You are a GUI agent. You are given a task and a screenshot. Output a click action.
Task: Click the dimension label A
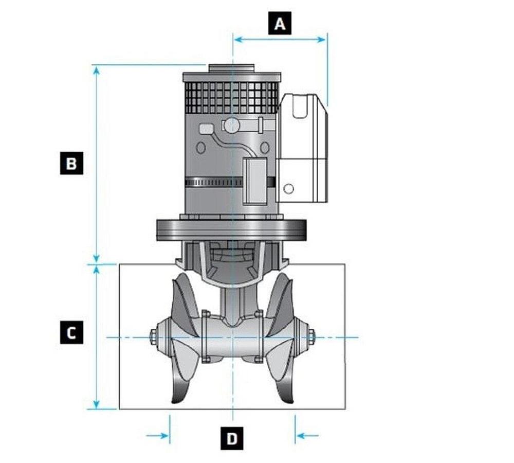pos(280,24)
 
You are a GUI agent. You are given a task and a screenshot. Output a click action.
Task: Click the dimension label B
pos(71,163)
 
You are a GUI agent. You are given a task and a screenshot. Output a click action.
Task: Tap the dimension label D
pos(232,439)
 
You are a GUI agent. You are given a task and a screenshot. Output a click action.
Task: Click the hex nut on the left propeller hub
pos(153,337)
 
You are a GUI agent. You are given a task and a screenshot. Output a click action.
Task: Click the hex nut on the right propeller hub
pos(311,337)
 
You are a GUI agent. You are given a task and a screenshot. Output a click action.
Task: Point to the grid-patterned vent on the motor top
pos(231,97)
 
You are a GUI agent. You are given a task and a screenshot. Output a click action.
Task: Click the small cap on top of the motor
pos(231,68)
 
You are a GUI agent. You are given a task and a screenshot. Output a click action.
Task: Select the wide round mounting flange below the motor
pos(231,229)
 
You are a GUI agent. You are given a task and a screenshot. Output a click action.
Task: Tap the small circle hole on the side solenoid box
pos(289,189)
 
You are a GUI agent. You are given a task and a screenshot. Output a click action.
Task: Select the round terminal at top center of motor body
pos(232,125)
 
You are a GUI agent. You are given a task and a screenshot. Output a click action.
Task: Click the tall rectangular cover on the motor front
pos(254,180)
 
